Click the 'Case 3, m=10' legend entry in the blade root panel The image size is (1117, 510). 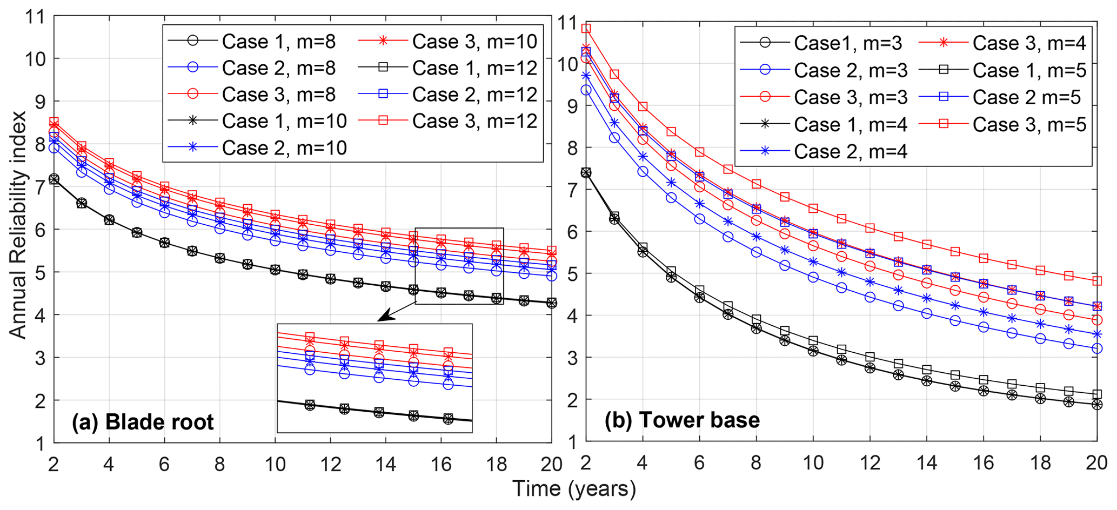click(x=474, y=42)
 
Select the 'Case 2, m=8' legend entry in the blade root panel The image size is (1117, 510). click(x=278, y=68)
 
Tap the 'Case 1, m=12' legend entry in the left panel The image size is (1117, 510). click(x=474, y=68)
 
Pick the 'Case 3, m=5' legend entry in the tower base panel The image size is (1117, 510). click(x=1029, y=125)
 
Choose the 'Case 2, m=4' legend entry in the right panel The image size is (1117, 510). click(x=850, y=152)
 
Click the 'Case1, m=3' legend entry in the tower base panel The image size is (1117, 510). click(x=847, y=43)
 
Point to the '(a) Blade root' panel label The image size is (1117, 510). click(x=143, y=422)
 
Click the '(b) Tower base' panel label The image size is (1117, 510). click(x=682, y=420)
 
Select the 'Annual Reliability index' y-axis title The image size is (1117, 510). click(x=18, y=225)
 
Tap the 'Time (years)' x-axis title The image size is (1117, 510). click(x=574, y=488)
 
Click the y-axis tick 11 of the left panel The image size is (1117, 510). click(x=35, y=16)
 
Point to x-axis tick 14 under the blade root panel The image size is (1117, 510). click(x=385, y=464)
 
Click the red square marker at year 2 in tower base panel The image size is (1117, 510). click(x=586, y=29)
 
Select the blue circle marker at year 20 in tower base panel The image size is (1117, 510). click(x=1096, y=348)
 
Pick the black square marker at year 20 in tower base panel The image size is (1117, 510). click(x=1096, y=394)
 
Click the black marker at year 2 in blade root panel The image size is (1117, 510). click(x=53, y=179)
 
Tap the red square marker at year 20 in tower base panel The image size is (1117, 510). click(x=1096, y=281)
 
